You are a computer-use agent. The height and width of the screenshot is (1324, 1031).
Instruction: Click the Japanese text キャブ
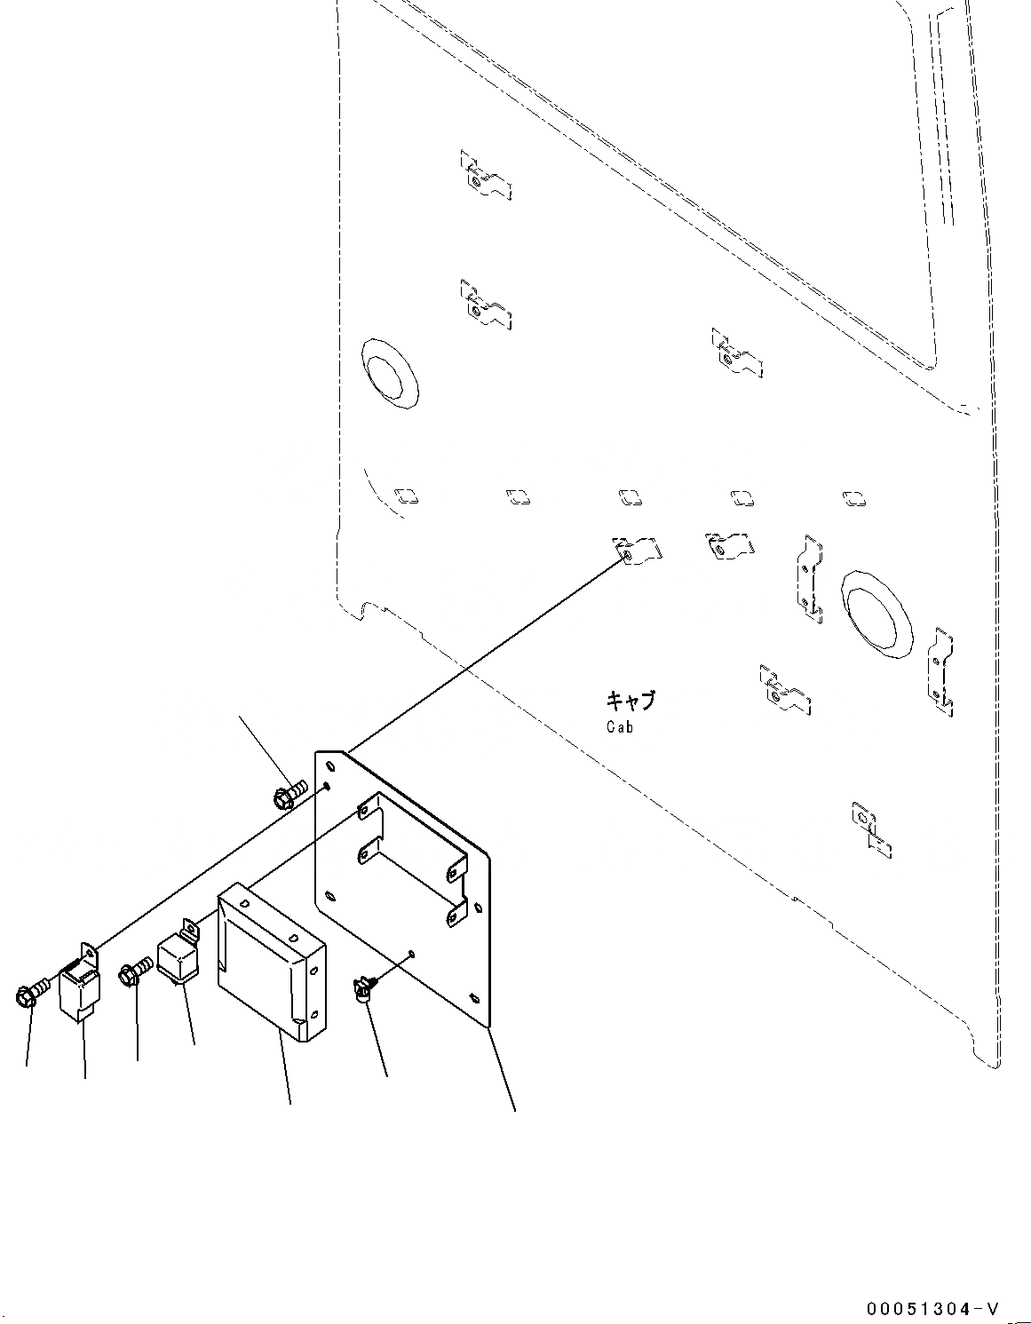click(x=630, y=701)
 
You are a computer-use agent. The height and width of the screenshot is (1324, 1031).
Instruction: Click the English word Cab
click(x=620, y=726)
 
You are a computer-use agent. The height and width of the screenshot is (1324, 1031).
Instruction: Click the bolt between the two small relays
click(x=133, y=971)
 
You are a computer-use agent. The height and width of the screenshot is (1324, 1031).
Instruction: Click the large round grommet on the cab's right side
click(x=877, y=614)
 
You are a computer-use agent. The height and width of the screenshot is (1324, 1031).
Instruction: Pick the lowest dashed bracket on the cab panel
click(x=870, y=829)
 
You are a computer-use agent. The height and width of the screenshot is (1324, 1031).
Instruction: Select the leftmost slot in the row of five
click(x=405, y=495)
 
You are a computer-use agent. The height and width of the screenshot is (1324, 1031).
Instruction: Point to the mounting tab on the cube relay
click(x=189, y=930)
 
